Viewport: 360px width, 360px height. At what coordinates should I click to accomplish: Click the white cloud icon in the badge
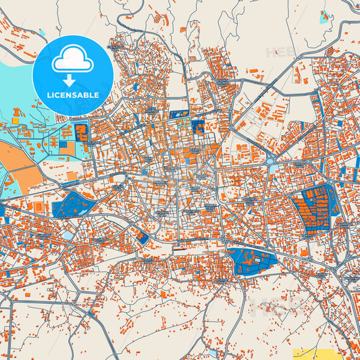pos(74,60)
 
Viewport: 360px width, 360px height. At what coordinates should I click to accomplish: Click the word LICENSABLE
pos(74,95)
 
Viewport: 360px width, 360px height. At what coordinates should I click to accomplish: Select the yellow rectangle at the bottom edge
pos(317,355)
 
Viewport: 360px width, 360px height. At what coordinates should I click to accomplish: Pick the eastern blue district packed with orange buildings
pos(315,207)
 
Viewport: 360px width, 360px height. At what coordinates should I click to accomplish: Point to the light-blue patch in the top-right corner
pos(327,15)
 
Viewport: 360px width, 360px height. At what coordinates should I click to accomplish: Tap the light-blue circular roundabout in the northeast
pos(272,160)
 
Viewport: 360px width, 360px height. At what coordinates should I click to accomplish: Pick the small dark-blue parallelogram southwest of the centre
pos(143,237)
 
